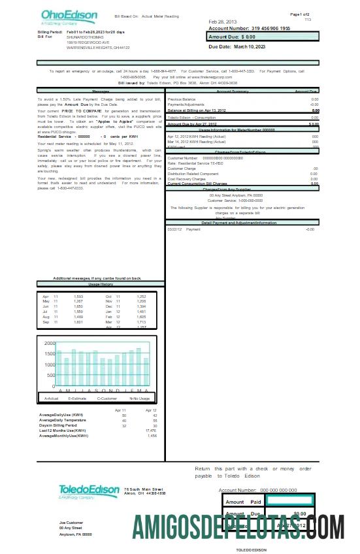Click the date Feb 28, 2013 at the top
[224, 22]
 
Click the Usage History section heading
[101, 285]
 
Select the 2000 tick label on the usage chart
[50, 343]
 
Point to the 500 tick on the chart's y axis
[51, 376]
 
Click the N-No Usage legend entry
[139, 398]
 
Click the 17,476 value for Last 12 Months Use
[150, 431]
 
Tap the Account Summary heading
[232, 91]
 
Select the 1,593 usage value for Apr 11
[78, 296]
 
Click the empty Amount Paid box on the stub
[289, 501]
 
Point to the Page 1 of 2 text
[300, 14]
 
